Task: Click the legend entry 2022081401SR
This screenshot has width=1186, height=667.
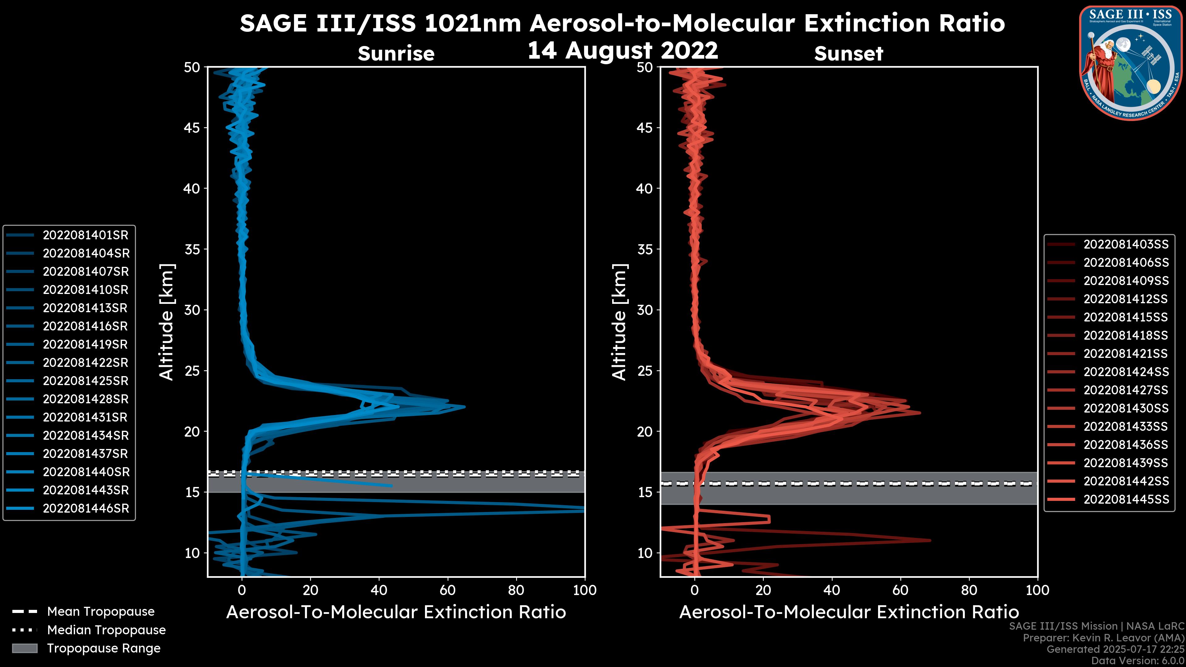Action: (85, 235)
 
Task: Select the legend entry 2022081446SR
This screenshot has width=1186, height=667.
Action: (86, 509)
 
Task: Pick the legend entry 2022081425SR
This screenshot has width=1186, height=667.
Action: (85, 381)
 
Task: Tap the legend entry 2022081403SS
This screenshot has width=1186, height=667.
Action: (1126, 245)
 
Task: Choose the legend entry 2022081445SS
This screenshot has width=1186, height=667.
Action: (1126, 499)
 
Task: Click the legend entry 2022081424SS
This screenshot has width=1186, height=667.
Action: (1126, 372)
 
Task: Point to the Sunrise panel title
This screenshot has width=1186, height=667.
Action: (396, 54)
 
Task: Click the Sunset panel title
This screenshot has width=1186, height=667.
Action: (848, 54)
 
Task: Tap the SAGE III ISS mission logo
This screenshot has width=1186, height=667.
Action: (1129, 63)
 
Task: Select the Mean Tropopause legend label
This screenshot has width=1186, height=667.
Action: (101, 612)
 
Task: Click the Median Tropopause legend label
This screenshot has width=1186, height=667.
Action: (106, 630)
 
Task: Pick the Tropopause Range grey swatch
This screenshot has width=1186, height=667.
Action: (25, 648)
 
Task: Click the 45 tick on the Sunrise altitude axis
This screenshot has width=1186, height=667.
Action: (192, 128)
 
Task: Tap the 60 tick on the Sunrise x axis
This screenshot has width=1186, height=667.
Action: (448, 590)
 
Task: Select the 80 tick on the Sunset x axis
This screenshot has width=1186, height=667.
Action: (969, 590)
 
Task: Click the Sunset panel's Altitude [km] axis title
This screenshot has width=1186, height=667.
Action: (619, 322)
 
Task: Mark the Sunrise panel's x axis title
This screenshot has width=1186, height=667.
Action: (396, 612)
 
